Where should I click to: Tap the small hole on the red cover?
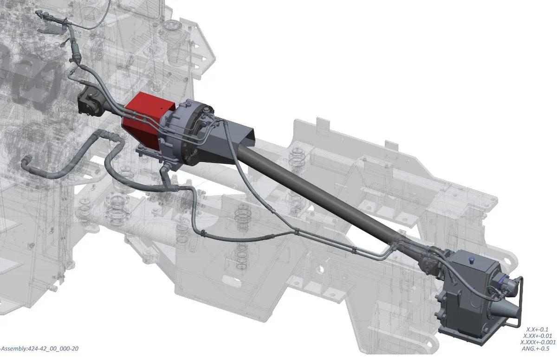point(162,109)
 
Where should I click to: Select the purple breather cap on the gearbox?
point(471,260)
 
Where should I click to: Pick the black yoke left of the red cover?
point(90,104)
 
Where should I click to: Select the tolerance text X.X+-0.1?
point(537,329)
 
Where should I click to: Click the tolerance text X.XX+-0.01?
point(538,336)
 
